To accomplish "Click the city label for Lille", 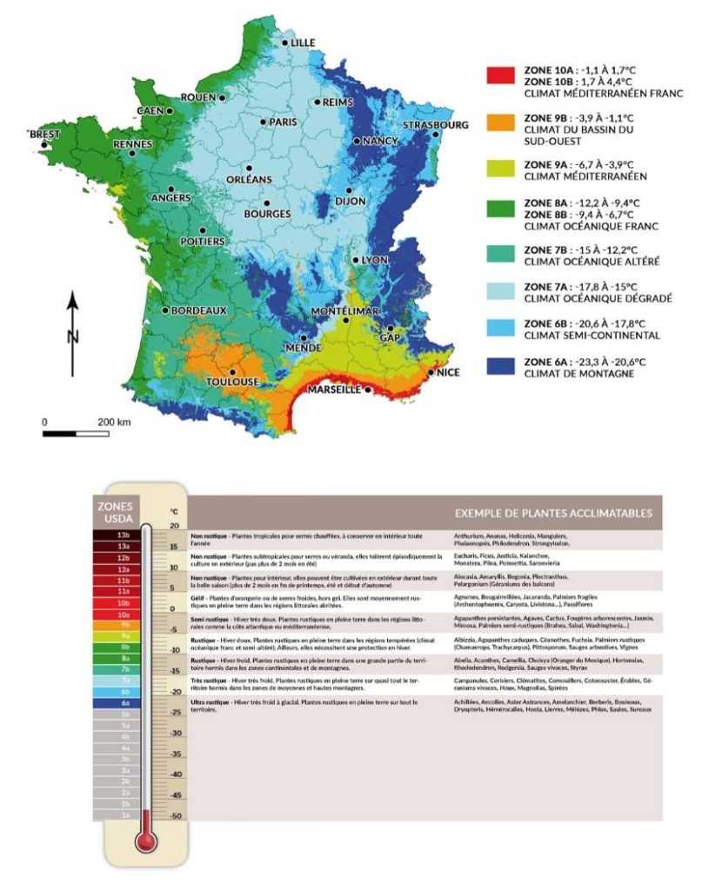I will [303, 43].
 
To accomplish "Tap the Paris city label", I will [283, 123].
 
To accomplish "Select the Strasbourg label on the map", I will [435, 125].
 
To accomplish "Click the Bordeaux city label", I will [198, 310].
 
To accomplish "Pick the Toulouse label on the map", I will [232, 382].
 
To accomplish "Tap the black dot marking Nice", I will [431, 372].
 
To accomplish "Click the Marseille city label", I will [333, 390].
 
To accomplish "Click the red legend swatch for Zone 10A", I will [499, 77].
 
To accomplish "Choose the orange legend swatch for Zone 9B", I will [499, 123].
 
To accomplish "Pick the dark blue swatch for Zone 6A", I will [499, 367].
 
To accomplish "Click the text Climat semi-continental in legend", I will [592, 335].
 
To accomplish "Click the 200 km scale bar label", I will [114, 422].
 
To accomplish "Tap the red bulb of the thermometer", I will [146, 841].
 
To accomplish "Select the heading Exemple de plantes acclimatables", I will [553, 513].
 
